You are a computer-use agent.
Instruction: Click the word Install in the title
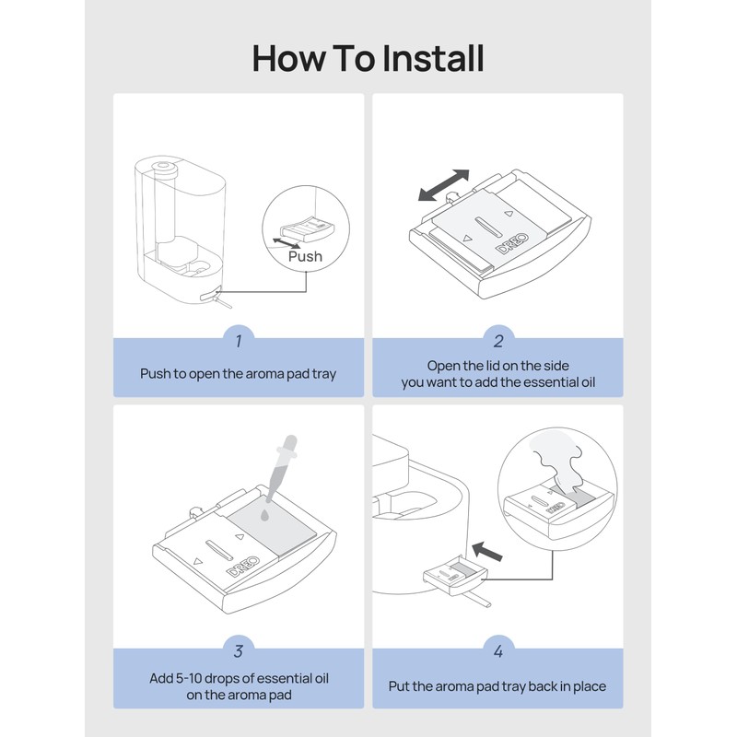click(x=432, y=58)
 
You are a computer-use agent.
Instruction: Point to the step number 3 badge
click(x=239, y=651)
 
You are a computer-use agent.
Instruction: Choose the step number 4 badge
click(x=498, y=651)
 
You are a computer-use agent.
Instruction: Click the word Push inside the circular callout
click(x=305, y=256)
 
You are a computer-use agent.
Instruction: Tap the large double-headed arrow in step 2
click(x=444, y=185)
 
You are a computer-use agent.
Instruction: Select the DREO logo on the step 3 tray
click(x=243, y=567)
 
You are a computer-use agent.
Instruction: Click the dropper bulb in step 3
click(x=289, y=444)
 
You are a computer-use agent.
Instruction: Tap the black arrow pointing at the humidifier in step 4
click(x=487, y=551)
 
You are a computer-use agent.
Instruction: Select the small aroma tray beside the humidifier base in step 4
click(x=455, y=574)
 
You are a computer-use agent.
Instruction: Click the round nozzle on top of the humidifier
click(x=163, y=166)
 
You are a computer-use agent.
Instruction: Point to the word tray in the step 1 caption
click(x=324, y=374)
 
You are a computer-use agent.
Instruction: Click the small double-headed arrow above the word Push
click(x=287, y=243)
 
